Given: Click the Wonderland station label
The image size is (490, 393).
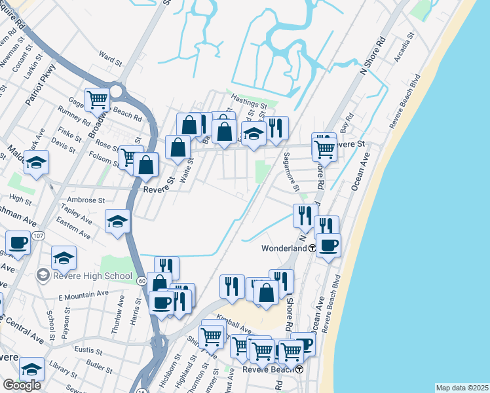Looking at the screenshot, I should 284,249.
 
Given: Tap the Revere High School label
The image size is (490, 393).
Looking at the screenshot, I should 93,276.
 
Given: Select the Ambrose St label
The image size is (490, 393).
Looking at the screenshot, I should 86,200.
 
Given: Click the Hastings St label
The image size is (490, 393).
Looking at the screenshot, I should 248,105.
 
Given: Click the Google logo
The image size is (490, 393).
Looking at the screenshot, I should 22,384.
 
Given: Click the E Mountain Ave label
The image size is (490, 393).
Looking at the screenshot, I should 82,296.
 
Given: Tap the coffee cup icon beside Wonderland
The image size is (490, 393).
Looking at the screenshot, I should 328,245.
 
